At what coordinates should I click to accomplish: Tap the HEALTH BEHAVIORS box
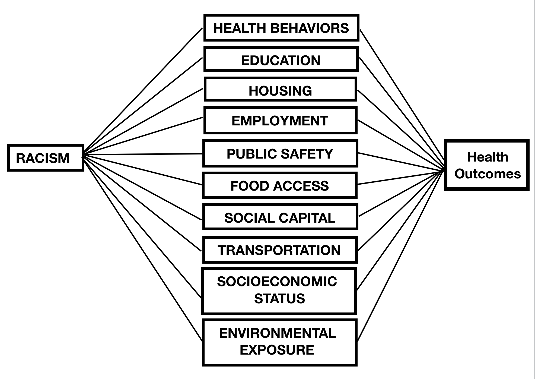pyautogui.click(x=281, y=28)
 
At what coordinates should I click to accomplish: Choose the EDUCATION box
pyautogui.click(x=281, y=60)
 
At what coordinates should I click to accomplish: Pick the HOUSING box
pyautogui.click(x=280, y=90)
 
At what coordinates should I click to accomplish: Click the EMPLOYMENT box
pyautogui.click(x=280, y=121)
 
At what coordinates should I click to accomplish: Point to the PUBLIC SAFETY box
pyautogui.click(x=280, y=154)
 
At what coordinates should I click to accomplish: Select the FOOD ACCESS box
pyautogui.click(x=279, y=186)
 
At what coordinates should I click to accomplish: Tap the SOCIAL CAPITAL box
pyautogui.click(x=280, y=218)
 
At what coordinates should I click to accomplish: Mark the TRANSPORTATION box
pyautogui.click(x=279, y=250)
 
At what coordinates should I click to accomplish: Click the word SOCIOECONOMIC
pyautogui.click(x=277, y=282)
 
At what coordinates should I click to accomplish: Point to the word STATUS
pyautogui.click(x=279, y=298)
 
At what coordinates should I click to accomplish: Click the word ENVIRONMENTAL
pyautogui.click(x=278, y=333)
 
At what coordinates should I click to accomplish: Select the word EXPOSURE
pyautogui.click(x=277, y=350)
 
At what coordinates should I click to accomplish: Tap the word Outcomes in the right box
pyautogui.click(x=488, y=174)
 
